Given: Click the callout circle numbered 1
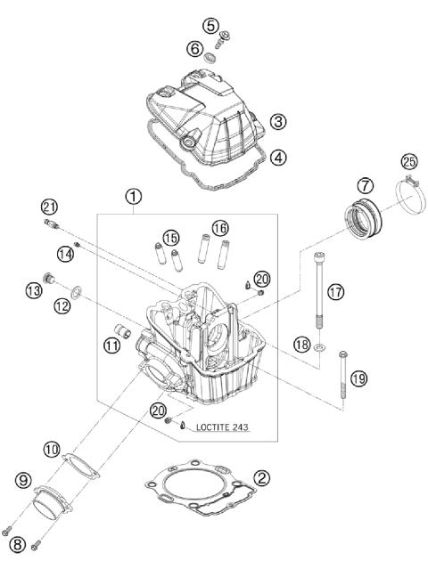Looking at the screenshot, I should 133,196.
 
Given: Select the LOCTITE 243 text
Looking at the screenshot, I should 218,427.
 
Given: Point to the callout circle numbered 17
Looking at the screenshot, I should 334,290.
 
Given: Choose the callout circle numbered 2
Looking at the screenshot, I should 261,477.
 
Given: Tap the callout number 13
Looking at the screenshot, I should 34,290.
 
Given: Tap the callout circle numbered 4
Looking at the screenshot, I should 279,157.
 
